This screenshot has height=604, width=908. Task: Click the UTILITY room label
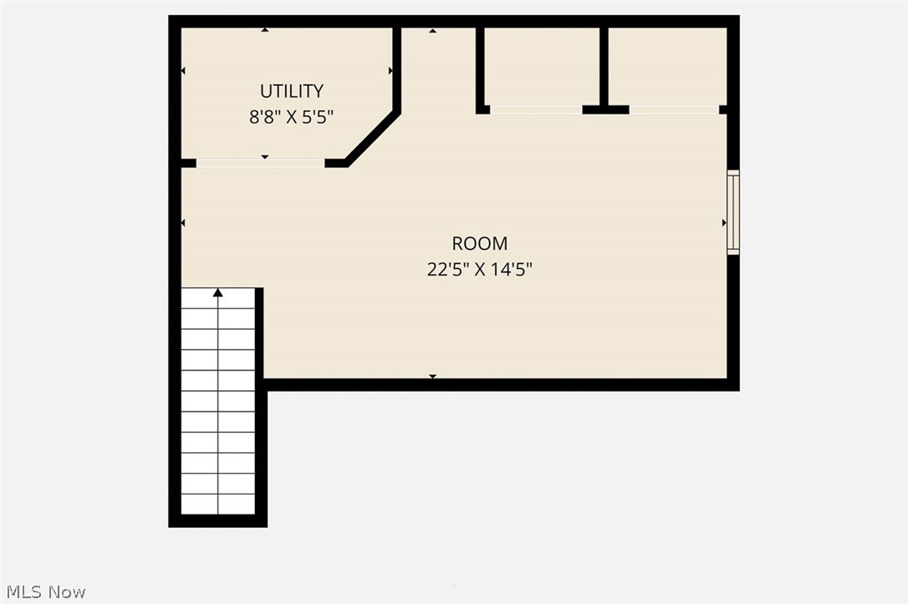[x=291, y=91]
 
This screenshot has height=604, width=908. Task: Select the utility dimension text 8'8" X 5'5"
[x=291, y=117]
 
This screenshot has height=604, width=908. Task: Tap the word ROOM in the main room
[x=479, y=244]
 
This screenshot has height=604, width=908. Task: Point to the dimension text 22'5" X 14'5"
[x=479, y=269]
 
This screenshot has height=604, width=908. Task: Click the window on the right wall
[x=733, y=212]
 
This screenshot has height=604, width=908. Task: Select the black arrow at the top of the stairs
[x=218, y=292]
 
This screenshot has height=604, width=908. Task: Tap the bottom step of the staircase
[x=218, y=504]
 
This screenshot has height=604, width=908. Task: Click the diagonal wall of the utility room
[x=372, y=138]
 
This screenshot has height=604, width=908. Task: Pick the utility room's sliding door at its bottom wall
[x=260, y=163]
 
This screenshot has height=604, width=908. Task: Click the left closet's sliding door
[x=536, y=109]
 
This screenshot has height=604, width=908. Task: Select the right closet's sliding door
[x=674, y=109]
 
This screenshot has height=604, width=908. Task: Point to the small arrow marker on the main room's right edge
[x=725, y=223]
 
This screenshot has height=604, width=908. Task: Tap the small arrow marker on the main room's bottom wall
[x=432, y=378]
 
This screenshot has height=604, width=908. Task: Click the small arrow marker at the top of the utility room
[x=265, y=30]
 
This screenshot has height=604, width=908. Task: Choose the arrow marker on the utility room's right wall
[x=390, y=71]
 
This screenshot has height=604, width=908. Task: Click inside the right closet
[x=667, y=65]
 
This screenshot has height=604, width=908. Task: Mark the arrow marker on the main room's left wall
[x=183, y=223]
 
